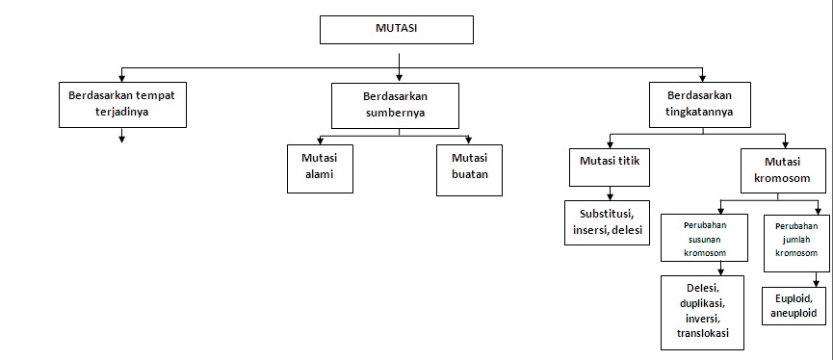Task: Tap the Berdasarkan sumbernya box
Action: coord(394,104)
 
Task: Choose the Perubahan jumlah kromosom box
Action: coord(796,238)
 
